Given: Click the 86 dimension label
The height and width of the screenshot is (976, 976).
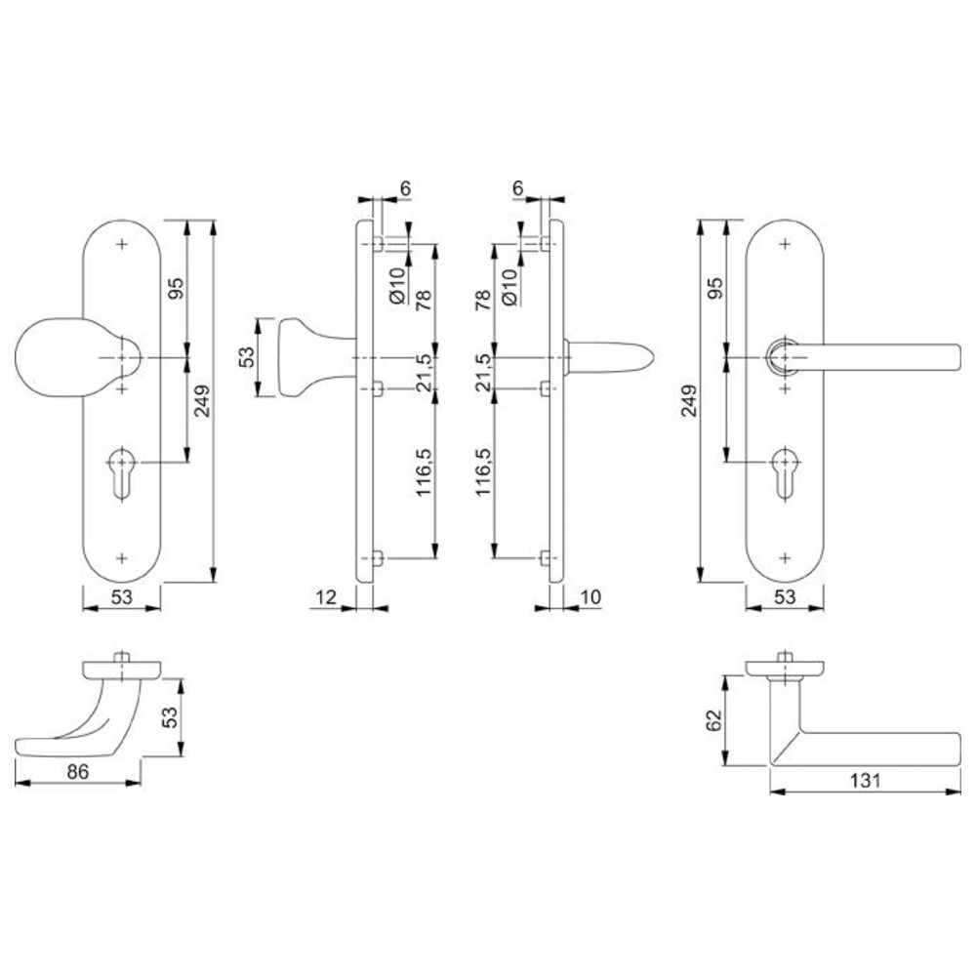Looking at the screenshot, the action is click(78, 771).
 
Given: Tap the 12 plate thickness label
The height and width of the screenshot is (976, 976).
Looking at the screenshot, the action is click(326, 597).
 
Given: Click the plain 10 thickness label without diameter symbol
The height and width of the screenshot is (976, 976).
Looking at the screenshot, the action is click(590, 597).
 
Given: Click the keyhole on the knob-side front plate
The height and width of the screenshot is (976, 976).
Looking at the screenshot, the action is click(121, 471).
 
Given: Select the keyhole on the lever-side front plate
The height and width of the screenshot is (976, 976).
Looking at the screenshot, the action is click(785, 471).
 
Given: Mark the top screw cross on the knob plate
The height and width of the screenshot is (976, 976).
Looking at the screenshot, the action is click(122, 244).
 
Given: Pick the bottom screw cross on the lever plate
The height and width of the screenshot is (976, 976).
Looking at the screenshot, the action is click(785, 557).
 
